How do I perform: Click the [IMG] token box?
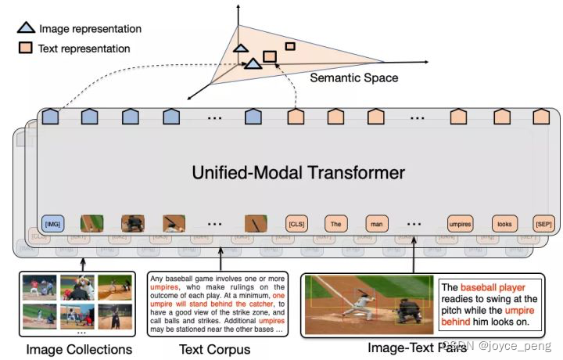(x=52, y=223)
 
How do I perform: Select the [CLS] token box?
(x=296, y=223)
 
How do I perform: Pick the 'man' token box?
(x=377, y=223)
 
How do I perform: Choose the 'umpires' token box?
(x=461, y=223)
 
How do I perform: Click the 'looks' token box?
(x=504, y=223)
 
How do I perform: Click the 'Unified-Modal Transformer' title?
(x=299, y=172)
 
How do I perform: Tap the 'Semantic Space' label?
(x=354, y=78)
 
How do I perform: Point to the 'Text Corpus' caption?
(x=215, y=349)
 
